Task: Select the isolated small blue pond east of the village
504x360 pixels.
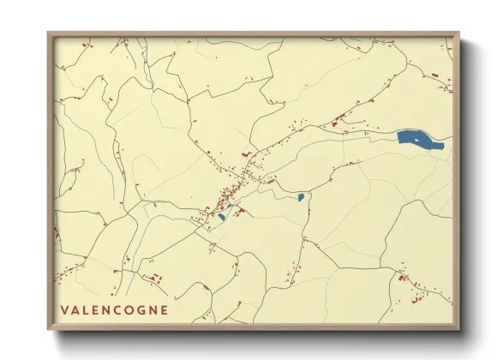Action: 302,197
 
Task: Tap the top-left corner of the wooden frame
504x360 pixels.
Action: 49,34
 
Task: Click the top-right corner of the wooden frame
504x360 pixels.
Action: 458,34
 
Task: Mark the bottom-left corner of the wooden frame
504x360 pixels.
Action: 49,327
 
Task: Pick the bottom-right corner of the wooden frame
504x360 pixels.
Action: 458,327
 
